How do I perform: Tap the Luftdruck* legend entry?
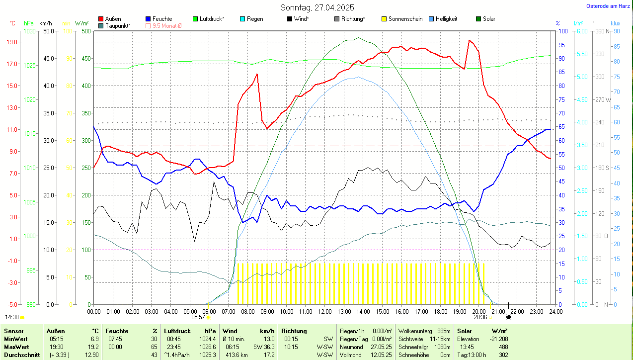(x=212, y=19)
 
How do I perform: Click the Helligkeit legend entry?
(x=446, y=19)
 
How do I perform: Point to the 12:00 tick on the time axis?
(x=324, y=311)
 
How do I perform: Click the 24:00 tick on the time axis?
(x=555, y=311)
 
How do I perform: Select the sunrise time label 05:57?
(x=198, y=317)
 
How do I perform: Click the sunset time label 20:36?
(x=480, y=317)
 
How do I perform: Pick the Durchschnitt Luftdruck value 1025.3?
(x=207, y=355)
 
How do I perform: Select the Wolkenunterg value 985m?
(x=444, y=331)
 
